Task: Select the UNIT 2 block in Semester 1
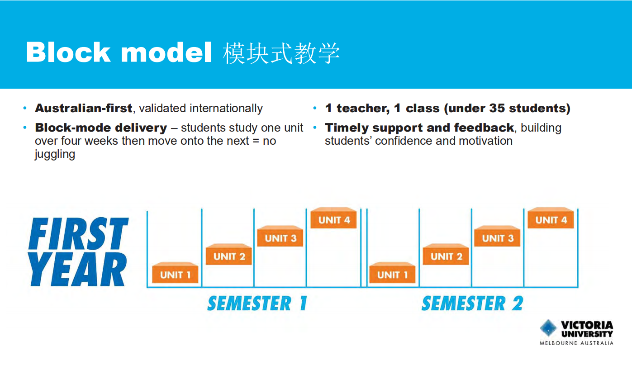coord(229,256)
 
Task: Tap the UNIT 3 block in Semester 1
coord(280,237)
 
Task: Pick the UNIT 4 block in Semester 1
coord(334,219)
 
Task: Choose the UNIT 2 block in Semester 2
coord(446,256)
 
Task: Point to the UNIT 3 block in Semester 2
coord(498,237)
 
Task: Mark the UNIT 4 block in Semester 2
coord(551,219)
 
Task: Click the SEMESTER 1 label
coord(257,303)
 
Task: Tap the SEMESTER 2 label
coord(472,303)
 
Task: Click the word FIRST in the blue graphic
coord(79,234)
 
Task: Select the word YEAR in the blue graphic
coord(78,270)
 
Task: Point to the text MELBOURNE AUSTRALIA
coord(576,343)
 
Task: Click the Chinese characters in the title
coord(281,53)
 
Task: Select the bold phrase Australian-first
coord(84,109)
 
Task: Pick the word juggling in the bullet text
coord(55,154)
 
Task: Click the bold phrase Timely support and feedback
coord(419,128)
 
